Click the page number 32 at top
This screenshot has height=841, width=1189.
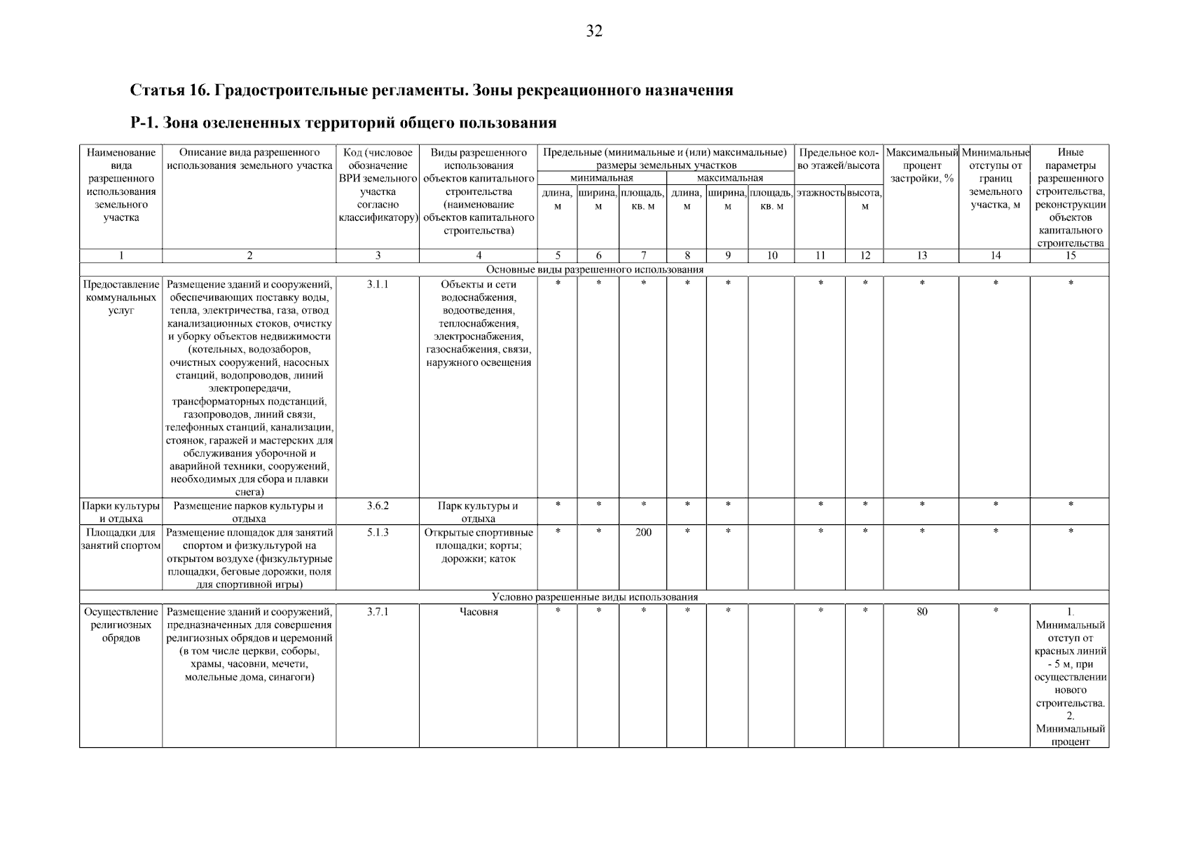tap(593, 32)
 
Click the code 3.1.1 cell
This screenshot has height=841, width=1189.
tap(377, 285)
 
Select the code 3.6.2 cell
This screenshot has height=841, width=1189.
tap(377, 505)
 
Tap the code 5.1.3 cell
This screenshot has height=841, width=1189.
tap(377, 533)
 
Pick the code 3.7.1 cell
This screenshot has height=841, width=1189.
tap(377, 612)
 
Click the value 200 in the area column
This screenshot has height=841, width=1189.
tap(642, 533)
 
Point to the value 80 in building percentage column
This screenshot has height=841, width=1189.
tap(921, 612)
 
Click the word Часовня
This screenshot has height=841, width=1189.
tap(478, 612)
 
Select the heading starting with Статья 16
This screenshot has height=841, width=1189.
tap(432, 90)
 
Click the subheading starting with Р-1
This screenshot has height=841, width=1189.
tap(343, 123)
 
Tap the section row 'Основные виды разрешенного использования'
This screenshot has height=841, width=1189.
tap(594, 269)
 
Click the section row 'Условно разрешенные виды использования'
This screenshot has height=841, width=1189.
tap(594, 597)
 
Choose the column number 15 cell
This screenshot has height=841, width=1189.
tap(1069, 256)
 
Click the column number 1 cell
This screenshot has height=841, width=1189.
tap(121, 256)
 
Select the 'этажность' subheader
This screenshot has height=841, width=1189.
tap(820, 192)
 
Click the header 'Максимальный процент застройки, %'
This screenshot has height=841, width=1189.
tap(921, 165)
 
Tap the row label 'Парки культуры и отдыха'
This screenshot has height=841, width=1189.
tap(121, 512)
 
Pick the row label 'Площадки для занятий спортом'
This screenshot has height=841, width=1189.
tap(121, 539)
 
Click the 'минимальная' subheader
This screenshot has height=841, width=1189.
tap(601, 178)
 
